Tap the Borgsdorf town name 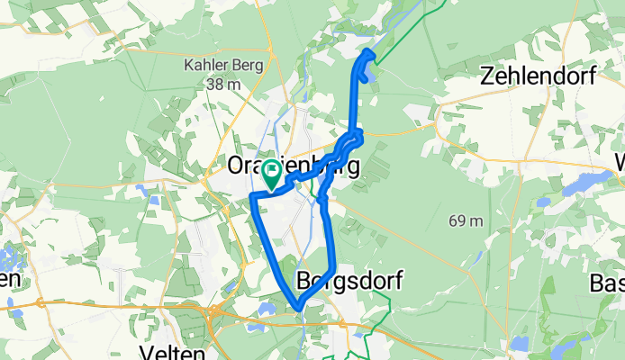point(348,281)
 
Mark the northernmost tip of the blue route point(367,52)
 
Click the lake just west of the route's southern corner point(267,308)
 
